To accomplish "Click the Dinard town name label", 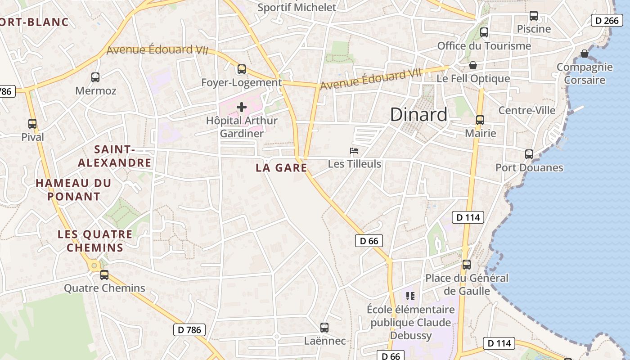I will tap(418, 115).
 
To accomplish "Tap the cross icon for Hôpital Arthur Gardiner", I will tap(242, 107).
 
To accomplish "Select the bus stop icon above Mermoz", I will tap(95, 77).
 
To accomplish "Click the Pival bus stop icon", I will tap(32, 124).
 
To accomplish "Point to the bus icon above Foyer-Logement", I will tap(242, 69).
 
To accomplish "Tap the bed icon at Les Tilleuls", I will tap(354, 150).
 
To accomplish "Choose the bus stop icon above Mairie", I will tap(480, 120).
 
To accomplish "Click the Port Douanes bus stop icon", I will tap(529, 154).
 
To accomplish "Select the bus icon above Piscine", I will tap(534, 16).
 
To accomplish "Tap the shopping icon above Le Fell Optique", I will tap(473, 66).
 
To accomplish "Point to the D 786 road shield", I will tap(189, 330).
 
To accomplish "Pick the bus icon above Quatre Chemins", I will tap(104, 274).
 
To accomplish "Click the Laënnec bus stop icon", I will tap(324, 327).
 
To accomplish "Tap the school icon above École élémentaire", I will tap(410, 296).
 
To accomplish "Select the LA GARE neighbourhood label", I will tap(281, 168).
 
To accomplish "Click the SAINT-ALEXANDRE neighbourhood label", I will tap(115, 156).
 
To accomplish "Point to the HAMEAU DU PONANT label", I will tap(73, 189).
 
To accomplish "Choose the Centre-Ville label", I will tap(527, 110).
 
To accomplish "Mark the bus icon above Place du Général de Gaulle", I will tap(467, 265).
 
